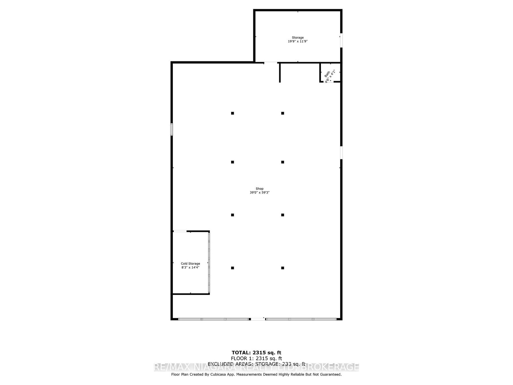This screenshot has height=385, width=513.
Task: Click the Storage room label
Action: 298,38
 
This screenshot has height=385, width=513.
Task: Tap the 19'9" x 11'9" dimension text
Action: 298,41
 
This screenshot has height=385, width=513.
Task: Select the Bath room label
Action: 327,74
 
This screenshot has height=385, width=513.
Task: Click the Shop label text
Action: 259,189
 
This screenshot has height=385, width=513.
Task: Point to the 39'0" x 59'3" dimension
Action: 259,193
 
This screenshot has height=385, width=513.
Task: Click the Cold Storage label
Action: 190,263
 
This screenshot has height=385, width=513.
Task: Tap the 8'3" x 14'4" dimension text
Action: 190,267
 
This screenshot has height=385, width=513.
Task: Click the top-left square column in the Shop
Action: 232,113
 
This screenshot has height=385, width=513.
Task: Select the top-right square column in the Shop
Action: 282,113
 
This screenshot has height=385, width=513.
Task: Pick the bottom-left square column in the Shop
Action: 232,268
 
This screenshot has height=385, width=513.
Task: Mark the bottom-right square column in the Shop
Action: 282,268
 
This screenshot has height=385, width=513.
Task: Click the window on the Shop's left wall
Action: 172,129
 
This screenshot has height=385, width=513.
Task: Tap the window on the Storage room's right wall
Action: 341,41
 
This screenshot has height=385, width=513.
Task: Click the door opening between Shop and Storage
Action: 271,62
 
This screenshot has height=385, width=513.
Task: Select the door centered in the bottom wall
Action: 257,319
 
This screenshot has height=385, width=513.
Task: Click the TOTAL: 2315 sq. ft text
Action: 256,353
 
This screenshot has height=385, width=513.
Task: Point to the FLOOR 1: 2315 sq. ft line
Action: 256,358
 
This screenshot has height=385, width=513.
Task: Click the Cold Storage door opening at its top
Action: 180,231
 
